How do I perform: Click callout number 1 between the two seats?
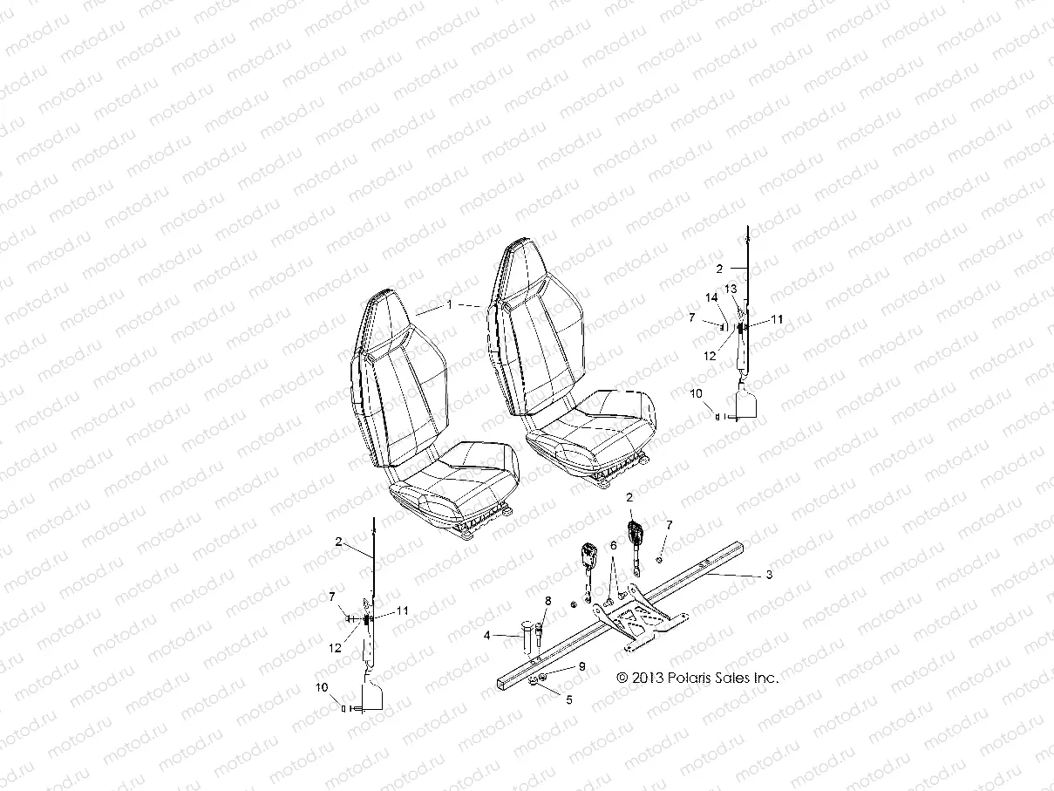pos(450,305)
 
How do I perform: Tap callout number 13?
pos(731,289)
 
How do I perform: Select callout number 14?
pos(712,298)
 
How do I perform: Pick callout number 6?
pos(613,544)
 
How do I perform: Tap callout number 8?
pos(547,600)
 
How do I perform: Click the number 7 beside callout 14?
pos(691,317)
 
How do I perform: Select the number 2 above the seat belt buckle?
pos(629,497)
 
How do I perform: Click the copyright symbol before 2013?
pos(622,677)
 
